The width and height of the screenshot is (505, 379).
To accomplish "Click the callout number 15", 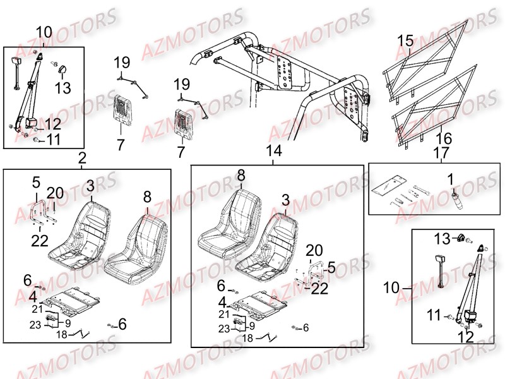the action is click(405, 41).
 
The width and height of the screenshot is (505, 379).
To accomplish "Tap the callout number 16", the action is click(444, 138).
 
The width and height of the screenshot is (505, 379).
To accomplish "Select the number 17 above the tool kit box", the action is click(441, 152).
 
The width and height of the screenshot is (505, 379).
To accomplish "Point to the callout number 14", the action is click(274, 150).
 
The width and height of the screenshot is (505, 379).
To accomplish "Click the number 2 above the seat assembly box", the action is click(82, 158).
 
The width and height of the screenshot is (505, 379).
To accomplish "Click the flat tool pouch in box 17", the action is click(386, 186).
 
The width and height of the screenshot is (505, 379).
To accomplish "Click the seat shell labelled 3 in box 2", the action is click(81, 234).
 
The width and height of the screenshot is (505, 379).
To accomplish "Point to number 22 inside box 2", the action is click(40, 241).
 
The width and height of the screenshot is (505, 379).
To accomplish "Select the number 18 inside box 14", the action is click(247, 339).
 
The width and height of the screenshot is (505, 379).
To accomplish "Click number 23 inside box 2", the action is click(35, 325).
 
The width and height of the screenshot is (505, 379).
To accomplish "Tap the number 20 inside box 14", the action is click(314, 250).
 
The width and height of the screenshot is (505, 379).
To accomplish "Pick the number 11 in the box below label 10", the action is click(434, 315).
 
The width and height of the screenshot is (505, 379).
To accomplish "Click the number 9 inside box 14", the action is click(252, 326).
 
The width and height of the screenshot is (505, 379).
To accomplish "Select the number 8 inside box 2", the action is click(147, 196).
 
